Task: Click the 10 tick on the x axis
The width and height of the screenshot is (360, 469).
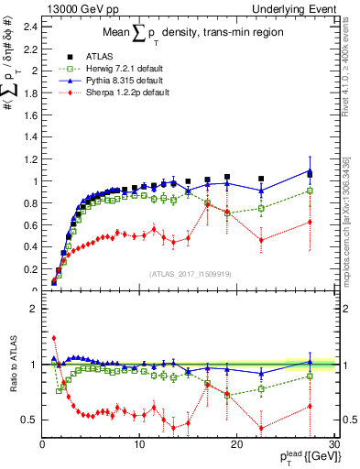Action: coord(139,445)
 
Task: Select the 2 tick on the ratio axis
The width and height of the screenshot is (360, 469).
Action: coord(33,309)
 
